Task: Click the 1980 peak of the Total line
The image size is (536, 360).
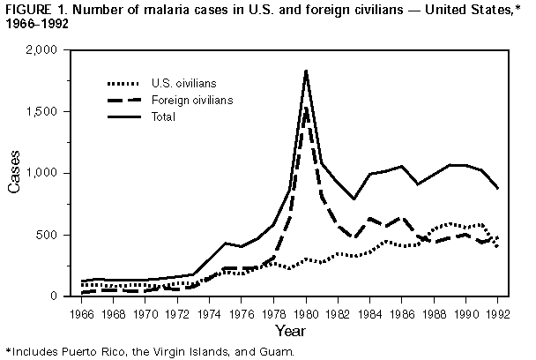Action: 305,71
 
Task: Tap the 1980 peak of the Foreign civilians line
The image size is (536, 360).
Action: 305,108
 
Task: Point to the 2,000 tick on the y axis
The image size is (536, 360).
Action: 59,50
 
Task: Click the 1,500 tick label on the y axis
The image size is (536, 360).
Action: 59,112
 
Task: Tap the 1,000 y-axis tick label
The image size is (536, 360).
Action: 59,174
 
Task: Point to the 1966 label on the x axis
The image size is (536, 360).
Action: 85,313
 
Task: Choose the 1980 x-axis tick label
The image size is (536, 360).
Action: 305,313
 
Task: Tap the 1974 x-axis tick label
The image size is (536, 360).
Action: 211,313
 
